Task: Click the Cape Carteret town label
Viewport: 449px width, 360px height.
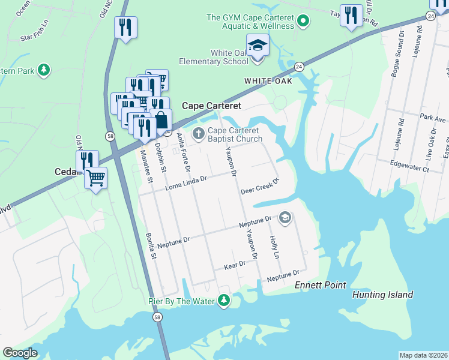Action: (x=211, y=106)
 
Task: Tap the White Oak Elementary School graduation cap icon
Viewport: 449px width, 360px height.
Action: (x=258, y=46)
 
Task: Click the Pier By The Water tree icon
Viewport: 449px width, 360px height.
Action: (x=224, y=299)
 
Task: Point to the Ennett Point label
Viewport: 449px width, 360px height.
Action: (x=321, y=285)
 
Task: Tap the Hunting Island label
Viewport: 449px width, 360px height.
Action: (x=382, y=295)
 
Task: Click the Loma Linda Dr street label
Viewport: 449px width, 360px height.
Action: (x=186, y=182)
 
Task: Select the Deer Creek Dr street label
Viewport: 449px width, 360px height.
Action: (x=261, y=187)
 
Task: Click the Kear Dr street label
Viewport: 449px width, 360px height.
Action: (x=235, y=264)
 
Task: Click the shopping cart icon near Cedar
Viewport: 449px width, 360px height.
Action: (x=95, y=177)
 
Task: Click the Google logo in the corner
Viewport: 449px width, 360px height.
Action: (x=20, y=353)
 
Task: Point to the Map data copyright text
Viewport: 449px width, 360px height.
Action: (x=424, y=355)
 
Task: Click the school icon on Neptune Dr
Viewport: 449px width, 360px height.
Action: (x=285, y=217)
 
